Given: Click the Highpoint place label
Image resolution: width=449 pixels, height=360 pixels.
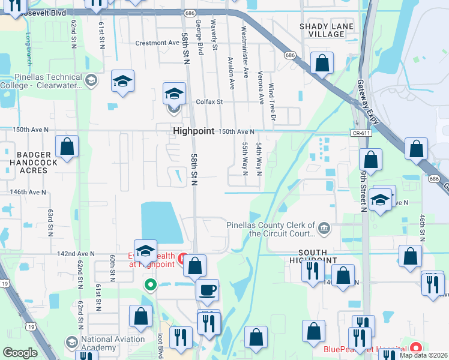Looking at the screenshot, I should [193, 131].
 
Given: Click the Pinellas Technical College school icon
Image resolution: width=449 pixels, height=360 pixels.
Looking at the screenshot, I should [91, 81].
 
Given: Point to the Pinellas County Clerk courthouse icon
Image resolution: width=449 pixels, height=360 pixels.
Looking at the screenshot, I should [324, 226].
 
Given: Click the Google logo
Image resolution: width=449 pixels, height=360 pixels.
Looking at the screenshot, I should [20, 353].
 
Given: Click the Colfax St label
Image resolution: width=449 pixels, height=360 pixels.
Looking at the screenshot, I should [209, 102].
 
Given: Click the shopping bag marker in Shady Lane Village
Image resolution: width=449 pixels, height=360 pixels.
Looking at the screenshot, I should [322, 64].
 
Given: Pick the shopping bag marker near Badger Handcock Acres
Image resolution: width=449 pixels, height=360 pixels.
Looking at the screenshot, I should [67, 146].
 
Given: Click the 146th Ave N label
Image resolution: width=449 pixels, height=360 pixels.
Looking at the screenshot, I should [28, 192].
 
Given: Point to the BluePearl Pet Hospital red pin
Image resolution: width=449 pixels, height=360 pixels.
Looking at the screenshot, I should [416, 348].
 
